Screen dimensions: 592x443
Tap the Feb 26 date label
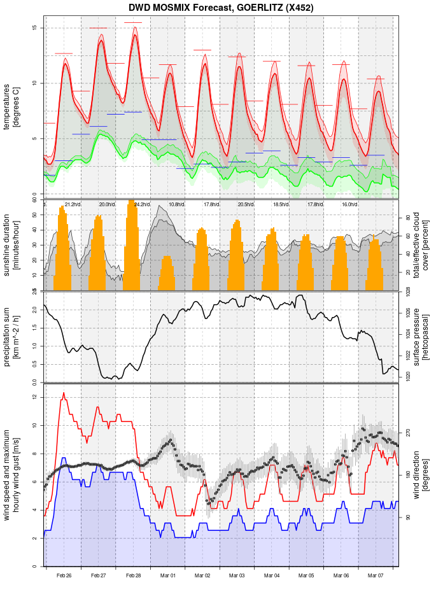(x=64, y=575)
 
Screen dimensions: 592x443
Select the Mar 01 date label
(x=168, y=575)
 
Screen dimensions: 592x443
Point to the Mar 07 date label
(x=376, y=575)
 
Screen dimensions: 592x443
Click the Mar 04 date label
(x=272, y=575)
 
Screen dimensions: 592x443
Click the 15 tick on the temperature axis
(x=36, y=28)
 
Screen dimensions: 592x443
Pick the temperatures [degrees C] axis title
(x=11, y=105)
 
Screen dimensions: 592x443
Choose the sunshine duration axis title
(x=11, y=245)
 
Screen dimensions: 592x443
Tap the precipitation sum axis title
(x=11, y=335)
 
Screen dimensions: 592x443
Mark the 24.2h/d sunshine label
(x=141, y=204)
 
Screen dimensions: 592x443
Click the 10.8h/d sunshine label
(x=176, y=204)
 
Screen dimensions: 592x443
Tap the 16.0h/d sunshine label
(x=349, y=204)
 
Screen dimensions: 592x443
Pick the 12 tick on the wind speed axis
(x=36, y=397)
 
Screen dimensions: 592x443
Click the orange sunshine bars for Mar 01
(x=167, y=274)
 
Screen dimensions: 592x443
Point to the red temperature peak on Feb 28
(x=135, y=28)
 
